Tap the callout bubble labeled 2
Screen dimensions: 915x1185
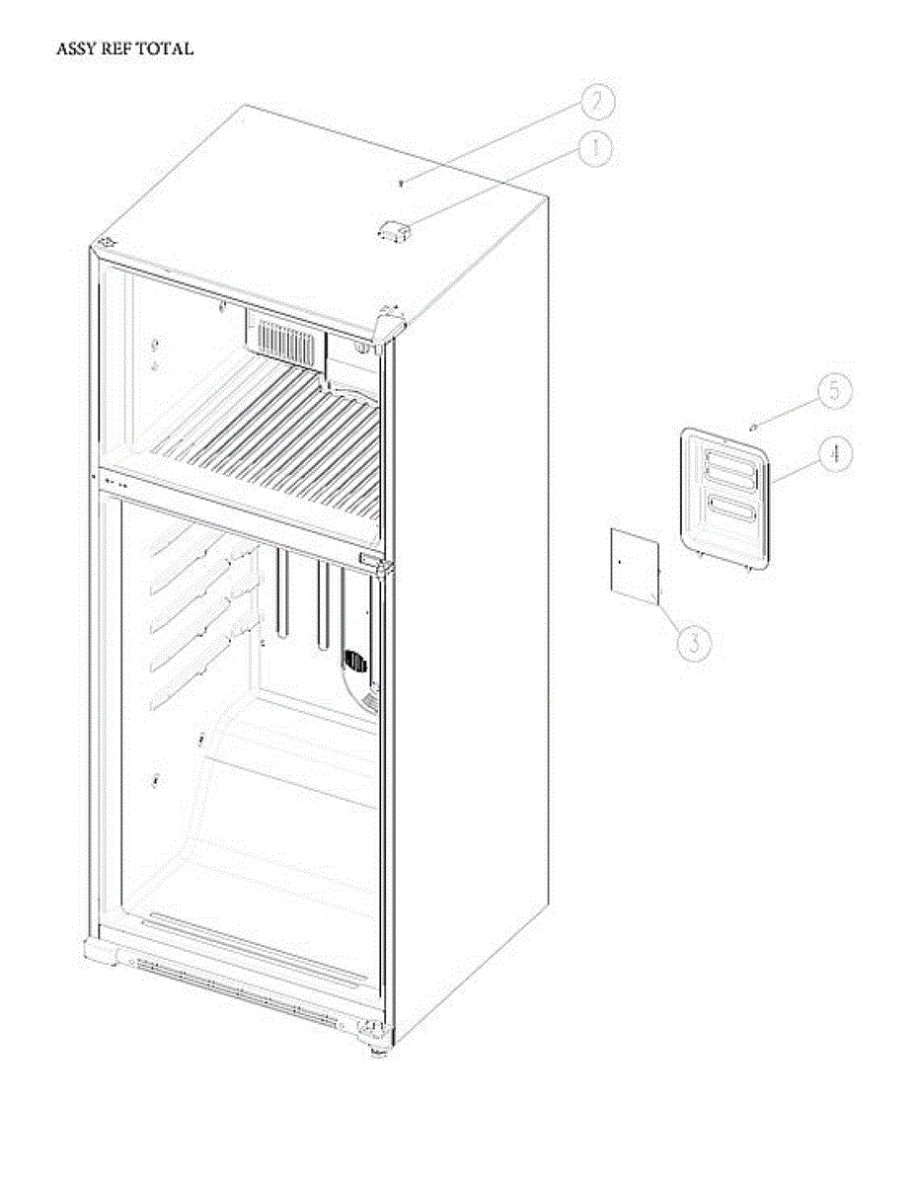[x=597, y=101]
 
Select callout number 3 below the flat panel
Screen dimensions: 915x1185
[x=695, y=643]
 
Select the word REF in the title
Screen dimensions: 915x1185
[x=120, y=48]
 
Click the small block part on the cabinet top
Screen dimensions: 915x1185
[x=393, y=230]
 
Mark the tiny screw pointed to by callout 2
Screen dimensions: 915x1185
[x=401, y=184]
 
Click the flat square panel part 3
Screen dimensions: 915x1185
[x=635, y=563]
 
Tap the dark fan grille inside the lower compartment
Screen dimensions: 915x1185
[x=355, y=663]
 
